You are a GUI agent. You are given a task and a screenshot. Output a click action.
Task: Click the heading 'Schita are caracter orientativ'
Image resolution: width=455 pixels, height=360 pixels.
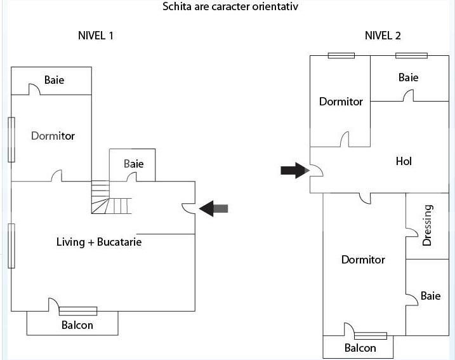(230, 7)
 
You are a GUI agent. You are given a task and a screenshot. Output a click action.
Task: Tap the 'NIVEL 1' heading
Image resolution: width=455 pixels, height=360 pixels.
(95, 36)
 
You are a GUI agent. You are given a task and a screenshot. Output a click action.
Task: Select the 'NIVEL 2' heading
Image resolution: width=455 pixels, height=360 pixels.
(383, 36)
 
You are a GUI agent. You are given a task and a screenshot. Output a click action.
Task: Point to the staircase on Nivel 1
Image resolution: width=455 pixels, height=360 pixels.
(110, 197)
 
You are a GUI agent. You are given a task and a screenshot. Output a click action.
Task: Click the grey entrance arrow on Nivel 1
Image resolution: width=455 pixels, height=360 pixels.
(214, 208)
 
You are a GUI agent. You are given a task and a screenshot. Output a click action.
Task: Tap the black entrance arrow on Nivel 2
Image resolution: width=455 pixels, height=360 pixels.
(294, 170)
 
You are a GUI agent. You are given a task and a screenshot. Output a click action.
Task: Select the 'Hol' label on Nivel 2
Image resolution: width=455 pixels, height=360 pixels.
(404, 161)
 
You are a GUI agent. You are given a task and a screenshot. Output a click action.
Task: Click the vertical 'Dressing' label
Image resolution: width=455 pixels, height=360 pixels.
(427, 225)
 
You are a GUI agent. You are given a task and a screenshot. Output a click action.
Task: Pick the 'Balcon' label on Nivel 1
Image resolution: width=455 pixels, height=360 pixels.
(77, 325)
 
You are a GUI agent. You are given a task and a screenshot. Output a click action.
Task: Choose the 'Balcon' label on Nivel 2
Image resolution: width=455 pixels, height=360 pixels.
(360, 348)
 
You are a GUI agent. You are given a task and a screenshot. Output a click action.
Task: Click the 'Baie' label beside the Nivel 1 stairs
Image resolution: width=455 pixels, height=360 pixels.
(133, 164)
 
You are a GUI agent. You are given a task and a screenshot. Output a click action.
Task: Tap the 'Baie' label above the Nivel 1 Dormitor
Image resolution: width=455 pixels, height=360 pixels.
(54, 81)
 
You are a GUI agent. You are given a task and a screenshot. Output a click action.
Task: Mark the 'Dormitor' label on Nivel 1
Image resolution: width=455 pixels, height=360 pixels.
(53, 136)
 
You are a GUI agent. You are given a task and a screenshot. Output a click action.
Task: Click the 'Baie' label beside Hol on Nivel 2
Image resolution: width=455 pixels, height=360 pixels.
(408, 77)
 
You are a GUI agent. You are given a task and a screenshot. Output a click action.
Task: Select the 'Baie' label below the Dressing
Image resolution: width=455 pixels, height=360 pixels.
(430, 296)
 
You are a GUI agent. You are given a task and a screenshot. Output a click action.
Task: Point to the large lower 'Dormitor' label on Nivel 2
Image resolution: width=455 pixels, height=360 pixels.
(363, 260)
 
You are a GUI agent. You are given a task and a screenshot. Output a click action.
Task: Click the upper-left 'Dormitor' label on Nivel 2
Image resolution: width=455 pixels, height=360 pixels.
(341, 102)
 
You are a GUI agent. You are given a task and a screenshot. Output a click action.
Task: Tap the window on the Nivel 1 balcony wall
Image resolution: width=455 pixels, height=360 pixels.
(78, 311)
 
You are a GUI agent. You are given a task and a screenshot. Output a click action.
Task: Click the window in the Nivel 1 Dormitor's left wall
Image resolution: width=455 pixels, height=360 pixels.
(11, 140)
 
